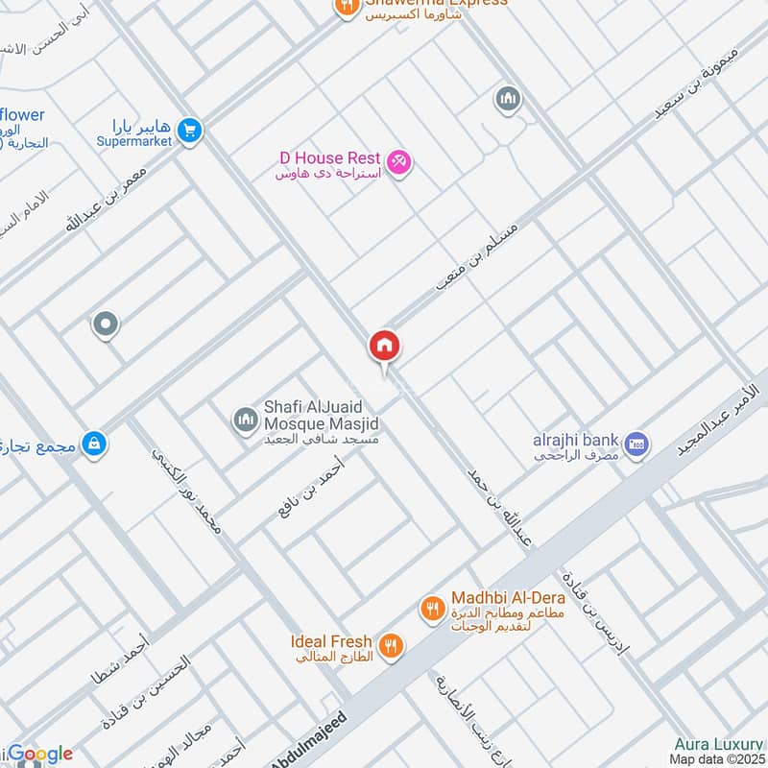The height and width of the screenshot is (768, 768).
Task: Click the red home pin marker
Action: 385,347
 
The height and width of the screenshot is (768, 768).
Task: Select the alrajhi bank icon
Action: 636,444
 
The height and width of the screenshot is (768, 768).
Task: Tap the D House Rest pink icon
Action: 399,163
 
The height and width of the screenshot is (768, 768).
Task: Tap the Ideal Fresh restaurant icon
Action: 390,645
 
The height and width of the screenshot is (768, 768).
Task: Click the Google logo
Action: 38,755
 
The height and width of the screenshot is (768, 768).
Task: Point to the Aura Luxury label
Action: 718,744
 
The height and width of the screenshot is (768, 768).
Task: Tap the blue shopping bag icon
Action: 94,443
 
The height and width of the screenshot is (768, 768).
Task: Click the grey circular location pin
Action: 105,324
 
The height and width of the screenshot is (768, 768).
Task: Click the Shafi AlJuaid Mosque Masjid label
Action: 322,416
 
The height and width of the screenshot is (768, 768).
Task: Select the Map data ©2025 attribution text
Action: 717,759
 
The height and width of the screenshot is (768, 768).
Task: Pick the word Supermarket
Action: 133,141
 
